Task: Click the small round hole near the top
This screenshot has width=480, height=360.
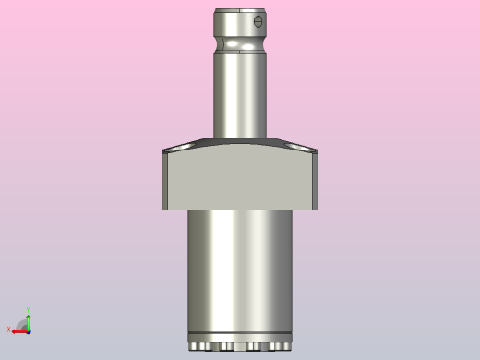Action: (x=258, y=21)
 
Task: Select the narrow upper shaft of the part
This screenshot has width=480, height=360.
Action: (x=240, y=92)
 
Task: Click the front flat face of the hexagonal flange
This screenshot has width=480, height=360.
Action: (x=240, y=180)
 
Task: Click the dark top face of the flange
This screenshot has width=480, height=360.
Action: (x=240, y=143)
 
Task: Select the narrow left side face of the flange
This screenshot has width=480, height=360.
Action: (x=164, y=181)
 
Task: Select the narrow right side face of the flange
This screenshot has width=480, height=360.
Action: (x=316, y=181)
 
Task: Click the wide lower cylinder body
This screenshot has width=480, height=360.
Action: (x=240, y=268)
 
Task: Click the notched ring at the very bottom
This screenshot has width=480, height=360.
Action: (x=240, y=345)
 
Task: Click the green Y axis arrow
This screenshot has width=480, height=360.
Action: (x=29, y=320)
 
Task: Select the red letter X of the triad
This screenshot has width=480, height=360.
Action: (x=9, y=329)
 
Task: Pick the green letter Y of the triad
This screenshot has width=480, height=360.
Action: (x=29, y=311)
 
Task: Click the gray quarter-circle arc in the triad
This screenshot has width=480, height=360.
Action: (x=20, y=323)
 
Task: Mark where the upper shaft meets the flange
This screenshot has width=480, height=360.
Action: (x=240, y=137)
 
